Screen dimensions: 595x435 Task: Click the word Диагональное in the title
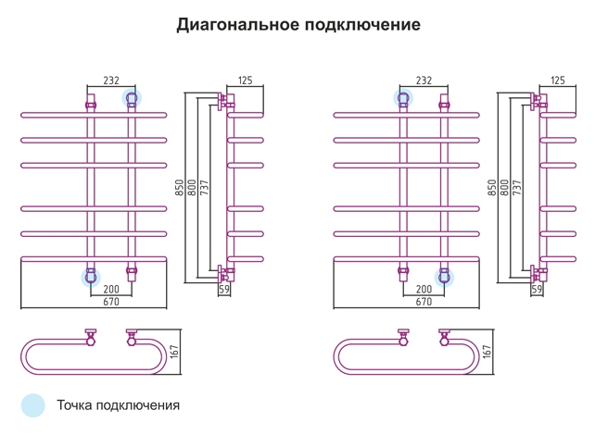click(238, 25)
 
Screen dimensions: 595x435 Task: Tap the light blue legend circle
click(33, 405)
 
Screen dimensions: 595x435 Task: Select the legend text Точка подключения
click(118, 405)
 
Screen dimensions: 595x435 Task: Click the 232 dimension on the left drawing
click(111, 81)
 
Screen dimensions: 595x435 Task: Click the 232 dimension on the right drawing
click(424, 81)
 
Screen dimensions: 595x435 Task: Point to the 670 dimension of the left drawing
click(111, 302)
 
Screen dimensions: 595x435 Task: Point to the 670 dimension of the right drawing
click(424, 302)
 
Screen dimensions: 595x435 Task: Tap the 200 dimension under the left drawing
click(111, 289)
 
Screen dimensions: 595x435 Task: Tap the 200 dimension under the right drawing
click(424, 289)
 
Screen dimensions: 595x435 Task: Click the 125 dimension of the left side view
click(245, 81)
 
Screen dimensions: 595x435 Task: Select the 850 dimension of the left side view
click(180, 188)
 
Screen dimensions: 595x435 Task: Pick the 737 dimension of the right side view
click(517, 188)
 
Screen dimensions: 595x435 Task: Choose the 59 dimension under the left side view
click(224, 289)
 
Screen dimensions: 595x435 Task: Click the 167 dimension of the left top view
click(174, 352)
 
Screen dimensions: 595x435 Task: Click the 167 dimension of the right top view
click(487, 352)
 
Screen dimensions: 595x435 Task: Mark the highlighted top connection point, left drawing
click(132, 98)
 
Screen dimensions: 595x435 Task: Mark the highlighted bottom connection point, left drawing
click(91, 278)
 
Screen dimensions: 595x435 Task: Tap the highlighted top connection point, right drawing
click(403, 98)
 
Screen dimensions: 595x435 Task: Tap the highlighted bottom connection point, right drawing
click(444, 278)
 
